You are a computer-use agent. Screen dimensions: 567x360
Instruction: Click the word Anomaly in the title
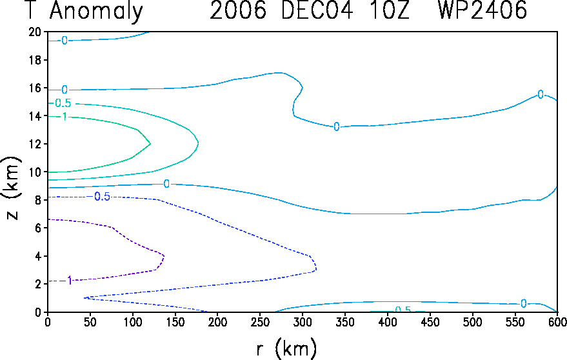pos(96,12)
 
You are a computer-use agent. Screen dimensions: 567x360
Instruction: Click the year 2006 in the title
pos(238,10)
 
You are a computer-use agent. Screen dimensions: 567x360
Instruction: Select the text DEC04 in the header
pos(317,10)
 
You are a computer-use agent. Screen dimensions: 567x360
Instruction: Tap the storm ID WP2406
pos(482,10)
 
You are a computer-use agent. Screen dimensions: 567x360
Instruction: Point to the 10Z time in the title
pos(389,10)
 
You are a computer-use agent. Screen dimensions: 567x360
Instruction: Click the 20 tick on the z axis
pos(35,32)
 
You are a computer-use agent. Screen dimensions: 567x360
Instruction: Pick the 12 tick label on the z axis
pos(35,144)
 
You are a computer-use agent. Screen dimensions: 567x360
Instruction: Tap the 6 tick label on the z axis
pos(39,228)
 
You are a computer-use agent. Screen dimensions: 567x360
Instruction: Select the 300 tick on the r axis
pos(303,322)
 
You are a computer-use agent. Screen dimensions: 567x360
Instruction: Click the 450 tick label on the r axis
pos(430,322)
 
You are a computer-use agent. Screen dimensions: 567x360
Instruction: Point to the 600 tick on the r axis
pos(557,322)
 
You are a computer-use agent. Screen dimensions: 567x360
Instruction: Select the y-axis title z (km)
pos(13,188)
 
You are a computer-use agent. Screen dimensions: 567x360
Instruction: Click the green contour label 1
pos(65,117)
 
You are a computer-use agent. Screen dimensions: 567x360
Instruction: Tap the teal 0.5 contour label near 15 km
pos(63,103)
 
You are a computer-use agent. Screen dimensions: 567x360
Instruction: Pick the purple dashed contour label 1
pos(70,280)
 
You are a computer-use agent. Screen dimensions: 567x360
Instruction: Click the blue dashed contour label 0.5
pos(102,197)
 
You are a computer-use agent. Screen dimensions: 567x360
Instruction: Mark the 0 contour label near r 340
pos(336,126)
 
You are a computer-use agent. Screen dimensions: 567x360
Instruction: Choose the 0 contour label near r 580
pos(541,94)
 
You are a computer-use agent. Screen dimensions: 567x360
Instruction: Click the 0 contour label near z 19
pos(65,41)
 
